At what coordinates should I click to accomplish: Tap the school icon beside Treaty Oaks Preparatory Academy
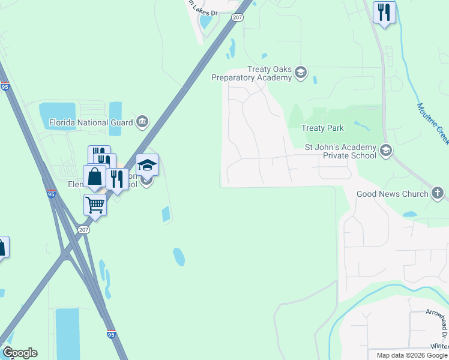coord(301,73)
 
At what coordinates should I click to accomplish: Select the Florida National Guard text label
coord(90,124)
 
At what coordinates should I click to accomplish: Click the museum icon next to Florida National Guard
coord(142,122)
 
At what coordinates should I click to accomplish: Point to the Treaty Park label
coord(322,128)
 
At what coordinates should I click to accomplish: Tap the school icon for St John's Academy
coord(386,150)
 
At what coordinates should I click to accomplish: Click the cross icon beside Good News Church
coord(438,194)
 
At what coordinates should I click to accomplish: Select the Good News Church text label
coord(392,194)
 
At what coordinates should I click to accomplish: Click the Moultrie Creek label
coord(433,124)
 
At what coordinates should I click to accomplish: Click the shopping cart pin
coord(95,205)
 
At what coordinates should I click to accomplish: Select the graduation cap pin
coord(147,164)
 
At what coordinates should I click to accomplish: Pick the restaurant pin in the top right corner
coord(384,12)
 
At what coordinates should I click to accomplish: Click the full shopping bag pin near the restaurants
coord(95,176)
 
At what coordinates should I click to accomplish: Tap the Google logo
coord(20,353)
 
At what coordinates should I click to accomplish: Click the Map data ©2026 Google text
coord(411,355)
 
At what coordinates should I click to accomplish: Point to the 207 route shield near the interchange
coord(83,229)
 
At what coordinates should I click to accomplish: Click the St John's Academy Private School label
coord(340,151)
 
